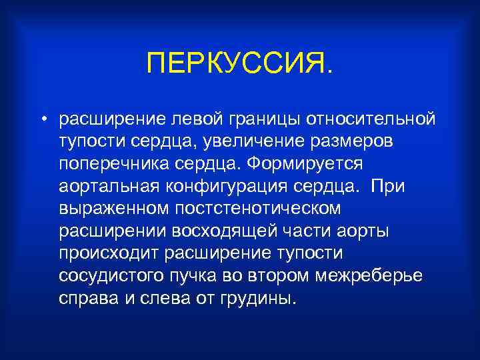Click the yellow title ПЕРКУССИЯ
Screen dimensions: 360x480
[239, 65]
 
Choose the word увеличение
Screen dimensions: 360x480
[251, 141]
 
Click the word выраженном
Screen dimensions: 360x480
[111, 209]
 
